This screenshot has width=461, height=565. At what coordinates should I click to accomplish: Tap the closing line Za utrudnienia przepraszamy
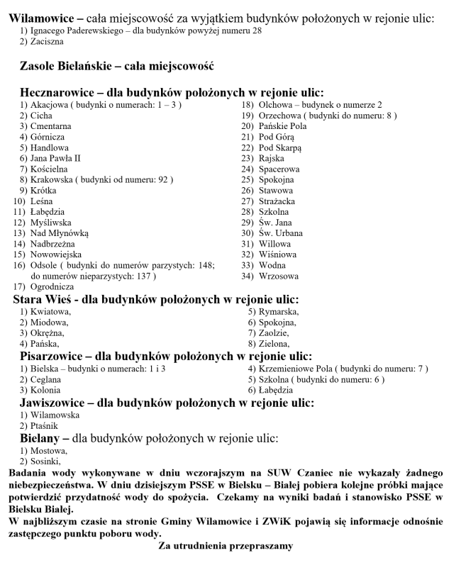225,547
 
